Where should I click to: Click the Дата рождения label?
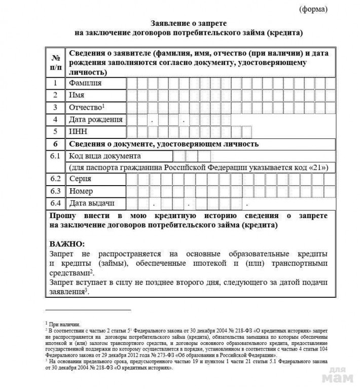pos(95,120)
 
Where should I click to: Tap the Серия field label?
pos(80,180)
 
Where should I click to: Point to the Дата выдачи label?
pos(91,204)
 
